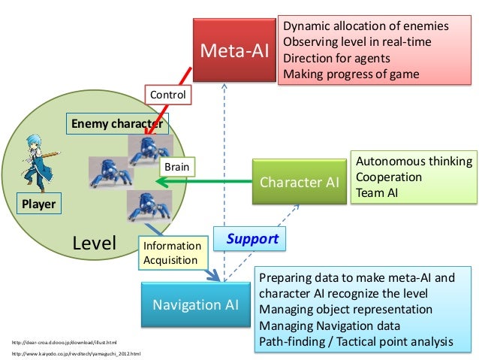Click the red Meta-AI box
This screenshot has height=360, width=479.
(x=234, y=52)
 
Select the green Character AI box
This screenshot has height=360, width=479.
(x=299, y=182)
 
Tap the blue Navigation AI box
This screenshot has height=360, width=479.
(x=195, y=304)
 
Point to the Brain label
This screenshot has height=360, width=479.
(x=177, y=165)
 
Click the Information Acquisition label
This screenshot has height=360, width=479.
(x=172, y=253)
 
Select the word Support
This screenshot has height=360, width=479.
(x=252, y=239)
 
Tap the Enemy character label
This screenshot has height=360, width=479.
(x=116, y=123)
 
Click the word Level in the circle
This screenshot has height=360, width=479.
(x=94, y=243)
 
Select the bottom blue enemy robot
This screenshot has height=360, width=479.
(x=142, y=206)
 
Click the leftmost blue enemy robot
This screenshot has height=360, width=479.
(x=109, y=172)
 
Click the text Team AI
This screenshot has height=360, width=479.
(x=377, y=192)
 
